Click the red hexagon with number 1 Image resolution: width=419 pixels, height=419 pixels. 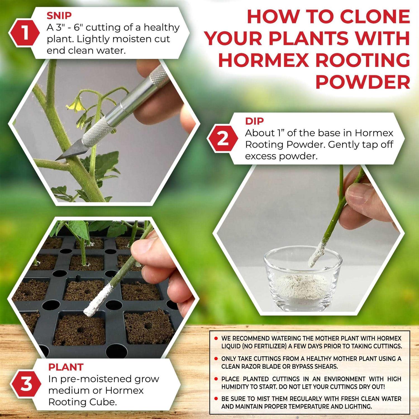(x=25, y=33)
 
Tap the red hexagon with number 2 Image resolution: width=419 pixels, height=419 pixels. (x=223, y=139)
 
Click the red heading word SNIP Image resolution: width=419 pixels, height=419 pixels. (x=59, y=16)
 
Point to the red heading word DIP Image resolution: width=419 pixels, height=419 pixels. (x=254, y=121)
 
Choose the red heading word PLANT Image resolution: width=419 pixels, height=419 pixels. (x=66, y=367)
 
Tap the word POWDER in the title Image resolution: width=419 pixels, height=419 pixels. (x=363, y=82)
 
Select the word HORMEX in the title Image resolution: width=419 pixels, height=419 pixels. (x=263, y=60)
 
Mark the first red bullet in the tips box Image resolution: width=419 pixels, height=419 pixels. (x=216, y=339)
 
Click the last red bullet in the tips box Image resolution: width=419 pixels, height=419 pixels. (x=216, y=399)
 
